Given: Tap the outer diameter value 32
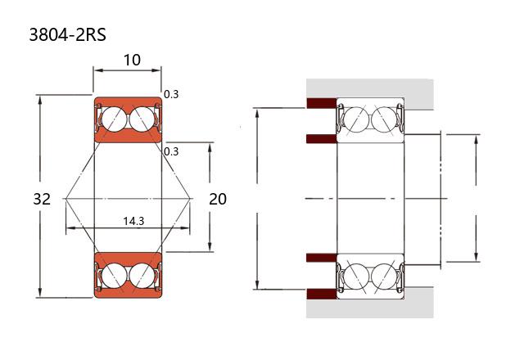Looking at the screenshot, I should (x=43, y=199).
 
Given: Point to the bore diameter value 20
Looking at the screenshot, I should (x=218, y=199).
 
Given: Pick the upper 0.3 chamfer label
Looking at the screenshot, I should (x=171, y=94).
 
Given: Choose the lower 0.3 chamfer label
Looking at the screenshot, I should (x=171, y=151).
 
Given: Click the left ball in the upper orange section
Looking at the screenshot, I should (x=114, y=119).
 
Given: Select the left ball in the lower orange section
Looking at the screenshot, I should (x=114, y=275).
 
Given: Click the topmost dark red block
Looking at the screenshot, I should (x=321, y=104).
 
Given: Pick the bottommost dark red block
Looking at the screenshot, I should (x=321, y=293).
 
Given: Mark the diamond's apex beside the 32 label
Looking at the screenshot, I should (x=63, y=199).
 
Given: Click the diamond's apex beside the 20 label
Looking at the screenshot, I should (x=191, y=199).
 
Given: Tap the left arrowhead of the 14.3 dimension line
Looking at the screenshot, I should (x=69, y=229).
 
